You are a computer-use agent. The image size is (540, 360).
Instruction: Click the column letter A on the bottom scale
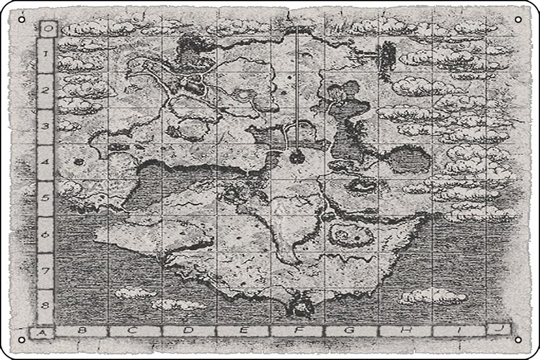[41, 331]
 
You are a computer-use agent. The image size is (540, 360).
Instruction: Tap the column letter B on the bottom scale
[81, 331]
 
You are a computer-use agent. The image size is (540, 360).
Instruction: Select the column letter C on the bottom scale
[134, 331]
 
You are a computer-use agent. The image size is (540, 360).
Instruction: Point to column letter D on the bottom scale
[188, 331]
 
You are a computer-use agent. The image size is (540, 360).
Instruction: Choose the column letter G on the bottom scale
[351, 331]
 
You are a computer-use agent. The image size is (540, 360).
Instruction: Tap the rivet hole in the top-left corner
[22, 20]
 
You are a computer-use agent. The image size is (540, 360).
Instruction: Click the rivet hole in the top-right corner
[518, 20]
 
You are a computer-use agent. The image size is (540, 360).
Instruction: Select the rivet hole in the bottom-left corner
[22, 340]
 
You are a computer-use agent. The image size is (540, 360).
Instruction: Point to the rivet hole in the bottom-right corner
[518, 340]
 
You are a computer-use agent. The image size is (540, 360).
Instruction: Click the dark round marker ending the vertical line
[297, 157]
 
